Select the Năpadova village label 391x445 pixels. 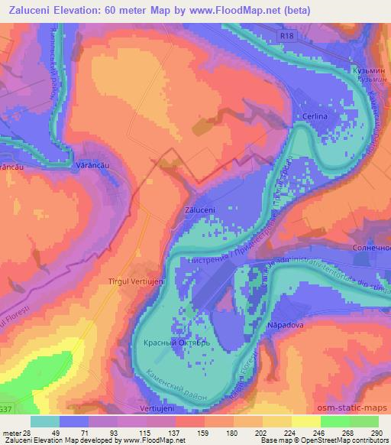[x=286, y=325]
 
